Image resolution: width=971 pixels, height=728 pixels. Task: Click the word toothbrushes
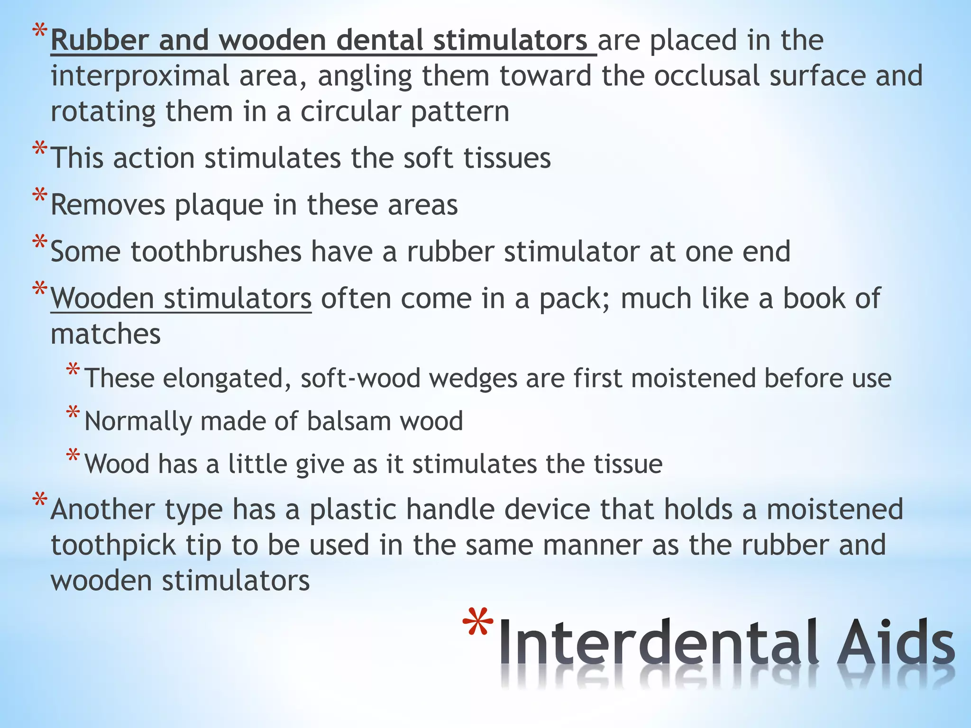(x=216, y=252)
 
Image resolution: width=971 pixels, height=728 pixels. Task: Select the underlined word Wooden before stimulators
(x=102, y=299)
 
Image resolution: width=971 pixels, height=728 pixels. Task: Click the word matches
(x=106, y=334)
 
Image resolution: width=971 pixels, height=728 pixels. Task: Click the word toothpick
(x=113, y=546)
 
